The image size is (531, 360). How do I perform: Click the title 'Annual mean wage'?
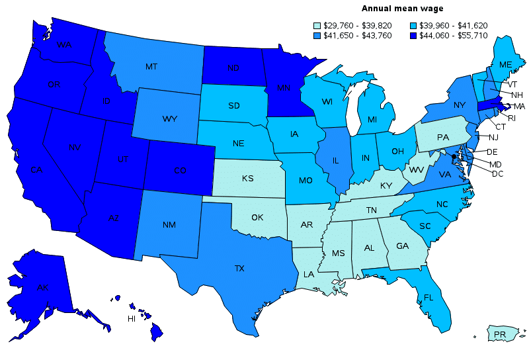coord(402,9)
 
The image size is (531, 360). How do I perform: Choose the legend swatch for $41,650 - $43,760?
coord(317,35)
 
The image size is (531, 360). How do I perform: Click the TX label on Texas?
coord(239,269)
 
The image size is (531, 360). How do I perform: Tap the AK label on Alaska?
coord(43,288)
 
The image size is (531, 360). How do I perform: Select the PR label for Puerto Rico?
coord(500,335)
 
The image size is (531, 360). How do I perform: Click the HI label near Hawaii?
coord(132,319)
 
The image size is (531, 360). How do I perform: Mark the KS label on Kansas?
coord(248,179)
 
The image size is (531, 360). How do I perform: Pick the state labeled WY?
coord(168,119)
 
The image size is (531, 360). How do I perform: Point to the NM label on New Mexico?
coord(169,225)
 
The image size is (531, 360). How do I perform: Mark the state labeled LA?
coord(309,274)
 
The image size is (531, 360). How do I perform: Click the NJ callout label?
coord(493,138)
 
